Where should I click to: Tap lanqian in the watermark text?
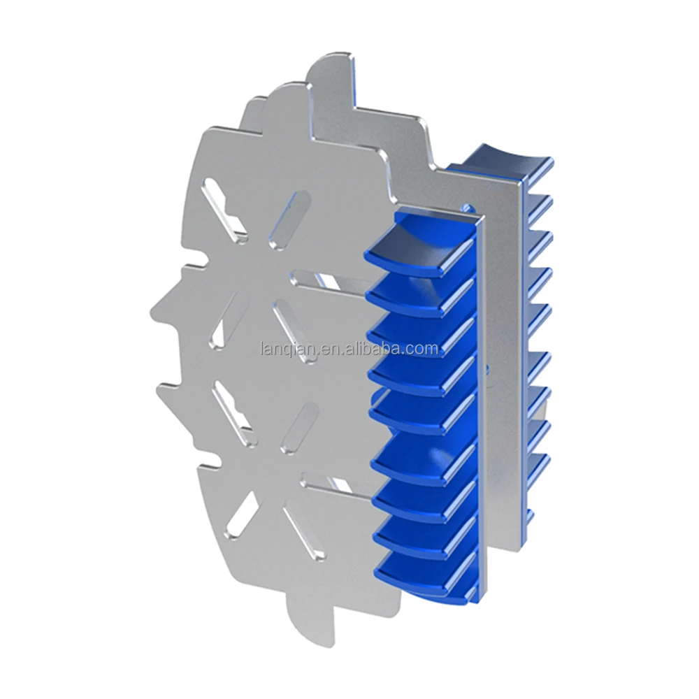tap(288, 349)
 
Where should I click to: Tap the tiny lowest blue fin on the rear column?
tap(530, 517)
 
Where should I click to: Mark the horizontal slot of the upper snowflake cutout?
tap(333, 280)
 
